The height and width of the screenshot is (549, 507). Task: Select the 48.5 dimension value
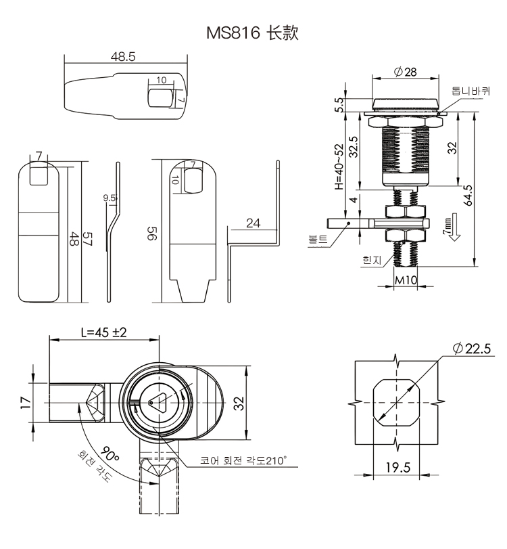pyautogui.click(x=123, y=58)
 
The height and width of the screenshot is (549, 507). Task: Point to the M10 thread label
pyautogui.click(x=405, y=281)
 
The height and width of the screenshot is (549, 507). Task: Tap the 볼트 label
pyautogui.click(x=317, y=239)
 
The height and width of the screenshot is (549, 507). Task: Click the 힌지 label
pyautogui.click(x=372, y=259)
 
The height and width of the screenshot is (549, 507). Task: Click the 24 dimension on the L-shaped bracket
pyautogui.click(x=254, y=223)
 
